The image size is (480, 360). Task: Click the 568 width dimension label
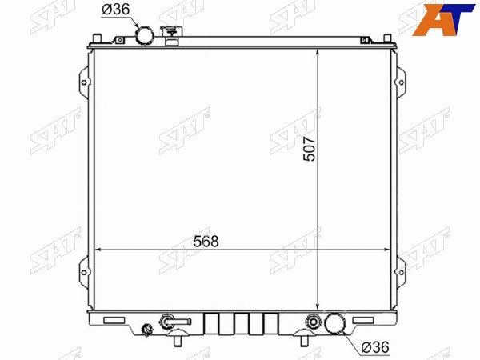[206, 242]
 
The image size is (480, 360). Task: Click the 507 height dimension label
[309, 149]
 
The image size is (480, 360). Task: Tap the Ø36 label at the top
[116, 10]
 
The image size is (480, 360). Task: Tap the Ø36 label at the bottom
[375, 347]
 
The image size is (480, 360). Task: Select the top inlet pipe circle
[145, 35]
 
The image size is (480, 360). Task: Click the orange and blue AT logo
[443, 19]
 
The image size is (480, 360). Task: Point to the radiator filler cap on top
[171, 35]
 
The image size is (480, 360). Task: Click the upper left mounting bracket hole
[84, 82]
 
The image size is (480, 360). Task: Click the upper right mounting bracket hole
[401, 82]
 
